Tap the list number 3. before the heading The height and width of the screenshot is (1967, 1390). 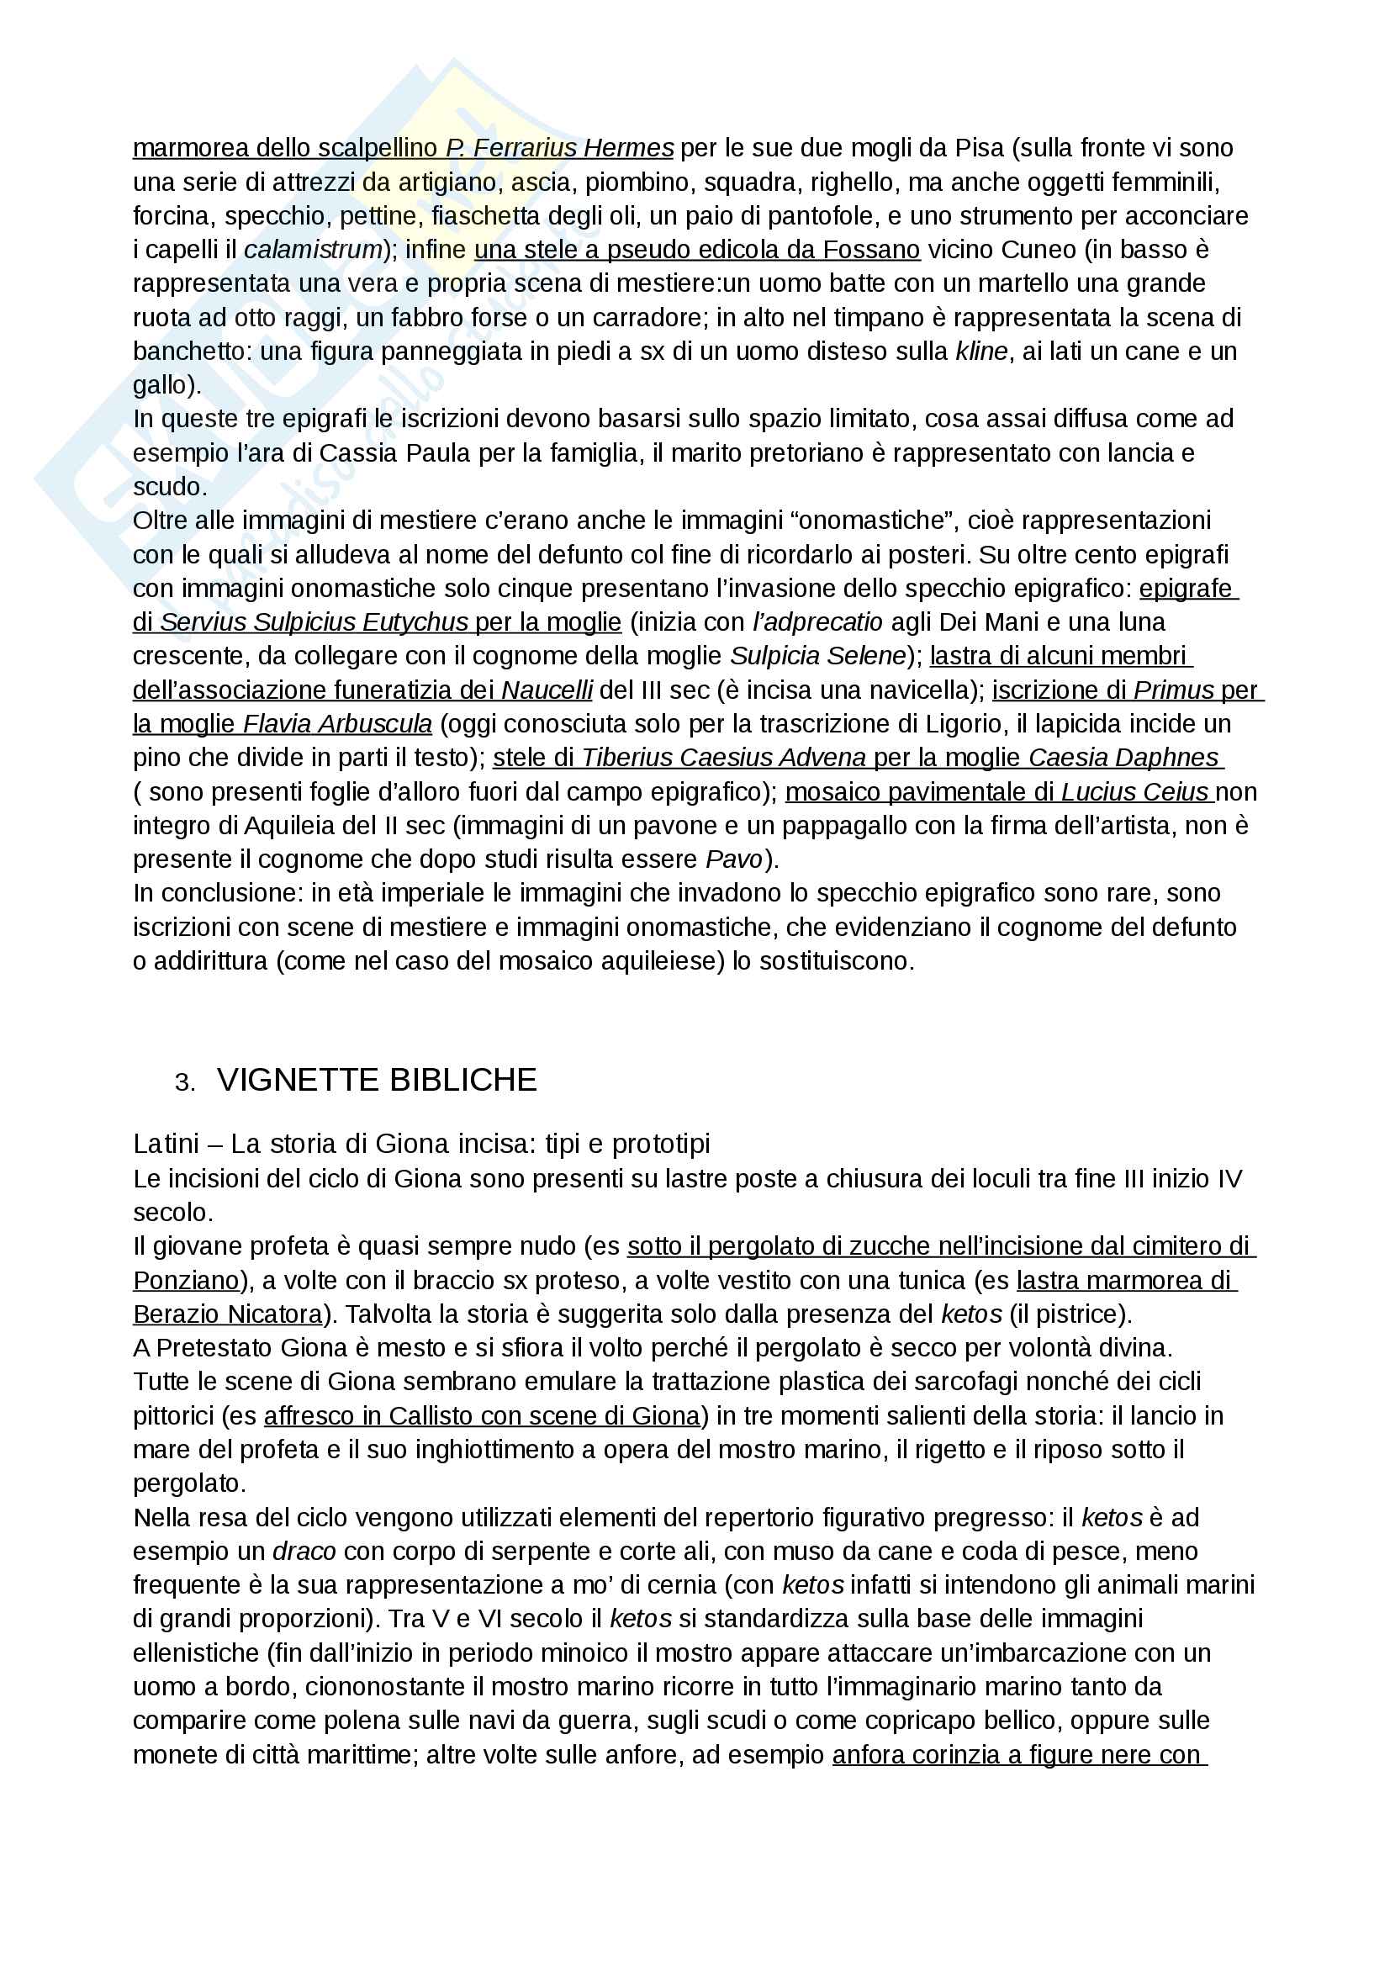[184, 1083]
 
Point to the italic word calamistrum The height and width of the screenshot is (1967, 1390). [313, 250]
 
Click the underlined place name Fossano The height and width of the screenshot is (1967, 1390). [871, 250]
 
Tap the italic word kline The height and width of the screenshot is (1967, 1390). [981, 352]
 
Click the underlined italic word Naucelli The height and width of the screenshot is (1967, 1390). [547, 690]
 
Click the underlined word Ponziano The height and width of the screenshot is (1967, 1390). [186, 1281]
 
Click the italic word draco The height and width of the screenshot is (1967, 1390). [304, 1552]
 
